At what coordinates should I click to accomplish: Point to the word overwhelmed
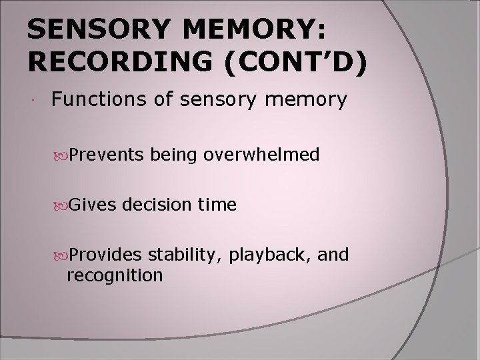point(263,155)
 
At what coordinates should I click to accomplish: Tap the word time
point(218,205)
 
